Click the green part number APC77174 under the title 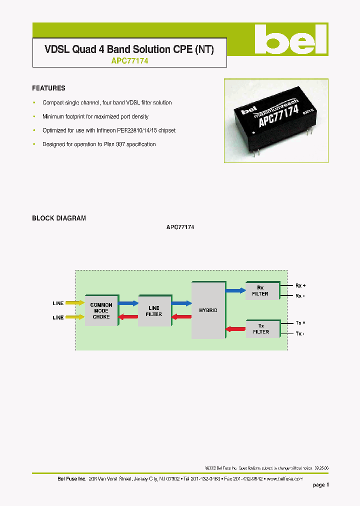click(129, 61)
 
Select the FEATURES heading click(48, 88)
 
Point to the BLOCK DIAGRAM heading click(59, 218)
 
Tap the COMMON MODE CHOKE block click(101, 310)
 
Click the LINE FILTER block click(154, 310)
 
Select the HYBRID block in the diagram click(207, 310)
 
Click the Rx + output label click(300, 285)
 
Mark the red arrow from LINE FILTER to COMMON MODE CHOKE click(127, 316)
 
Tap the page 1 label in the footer click(321, 485)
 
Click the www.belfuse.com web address click(285, 478)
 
